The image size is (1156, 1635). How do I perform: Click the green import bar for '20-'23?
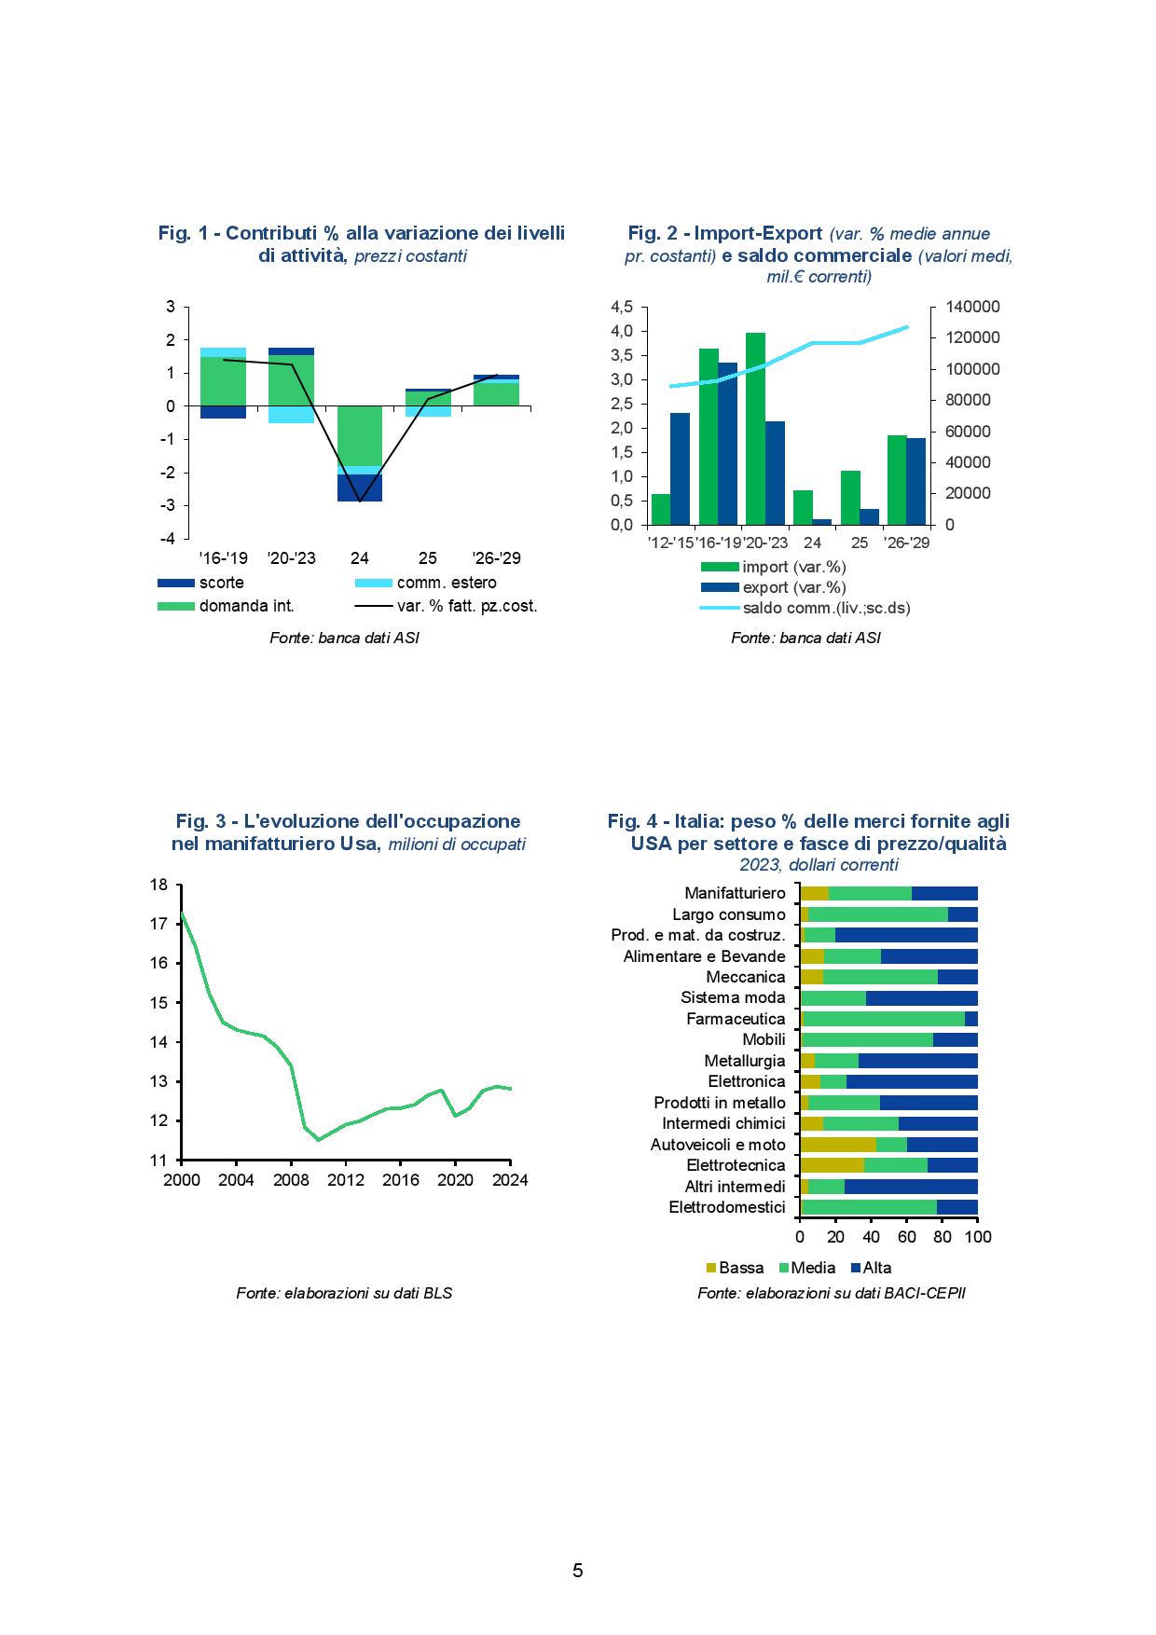755,429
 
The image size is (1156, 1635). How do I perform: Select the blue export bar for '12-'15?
680,469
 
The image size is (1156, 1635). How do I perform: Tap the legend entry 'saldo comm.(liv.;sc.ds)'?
805,608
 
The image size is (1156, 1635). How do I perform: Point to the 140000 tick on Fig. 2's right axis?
972,307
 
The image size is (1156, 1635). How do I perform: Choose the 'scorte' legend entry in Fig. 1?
201,583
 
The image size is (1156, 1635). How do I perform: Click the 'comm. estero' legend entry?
427,583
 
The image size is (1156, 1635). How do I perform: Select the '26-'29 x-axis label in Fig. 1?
495,558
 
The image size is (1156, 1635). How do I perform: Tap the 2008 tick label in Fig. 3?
291,1179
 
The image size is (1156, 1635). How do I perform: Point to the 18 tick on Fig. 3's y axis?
158,885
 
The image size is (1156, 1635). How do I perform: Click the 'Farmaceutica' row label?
736,1019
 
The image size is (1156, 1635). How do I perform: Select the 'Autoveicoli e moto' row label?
718,1145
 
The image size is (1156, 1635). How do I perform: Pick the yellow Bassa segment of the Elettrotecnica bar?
832,1165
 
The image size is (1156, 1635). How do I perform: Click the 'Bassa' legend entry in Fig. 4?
736,1268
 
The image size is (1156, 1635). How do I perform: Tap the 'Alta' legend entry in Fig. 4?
871,1268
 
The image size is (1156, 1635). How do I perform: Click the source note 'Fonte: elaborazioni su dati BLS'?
344,1293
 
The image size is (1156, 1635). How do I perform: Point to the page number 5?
578,1571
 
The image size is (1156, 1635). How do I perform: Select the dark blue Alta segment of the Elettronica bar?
912,1081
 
